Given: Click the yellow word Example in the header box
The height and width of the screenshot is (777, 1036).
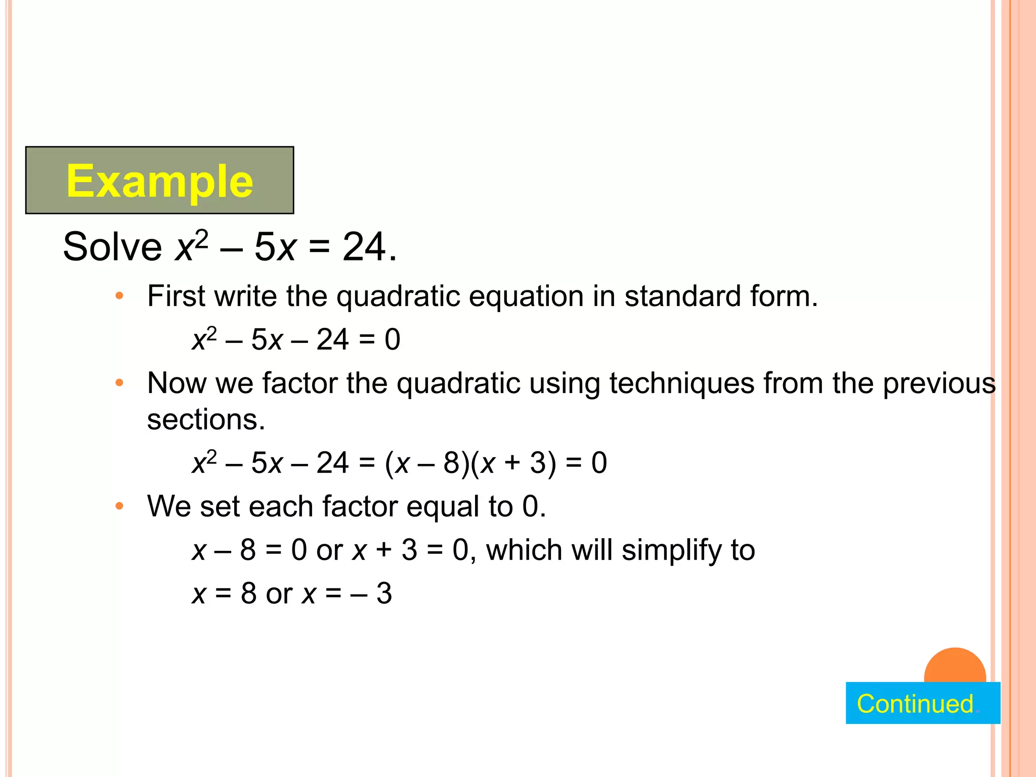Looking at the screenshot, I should coord(159,181).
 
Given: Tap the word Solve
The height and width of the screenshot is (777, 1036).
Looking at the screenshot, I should coord(112,247).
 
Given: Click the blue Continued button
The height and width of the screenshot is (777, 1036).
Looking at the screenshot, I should coord(922,703).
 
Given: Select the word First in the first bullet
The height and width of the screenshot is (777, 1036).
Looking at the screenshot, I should coord(176,296).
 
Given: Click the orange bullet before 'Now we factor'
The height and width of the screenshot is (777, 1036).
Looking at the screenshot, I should coord(119,383).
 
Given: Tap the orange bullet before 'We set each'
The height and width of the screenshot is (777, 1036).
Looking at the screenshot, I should coord(119,506).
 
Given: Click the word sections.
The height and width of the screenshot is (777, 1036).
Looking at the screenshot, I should coord(206,420).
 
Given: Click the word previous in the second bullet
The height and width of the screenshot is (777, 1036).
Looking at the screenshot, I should coord(939,383).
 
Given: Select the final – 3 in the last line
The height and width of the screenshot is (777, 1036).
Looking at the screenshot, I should coord(372,593).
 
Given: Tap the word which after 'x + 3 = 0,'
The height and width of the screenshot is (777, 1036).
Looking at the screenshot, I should coord(524,550).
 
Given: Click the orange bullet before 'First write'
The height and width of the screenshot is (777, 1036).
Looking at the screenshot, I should coord(119,296).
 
